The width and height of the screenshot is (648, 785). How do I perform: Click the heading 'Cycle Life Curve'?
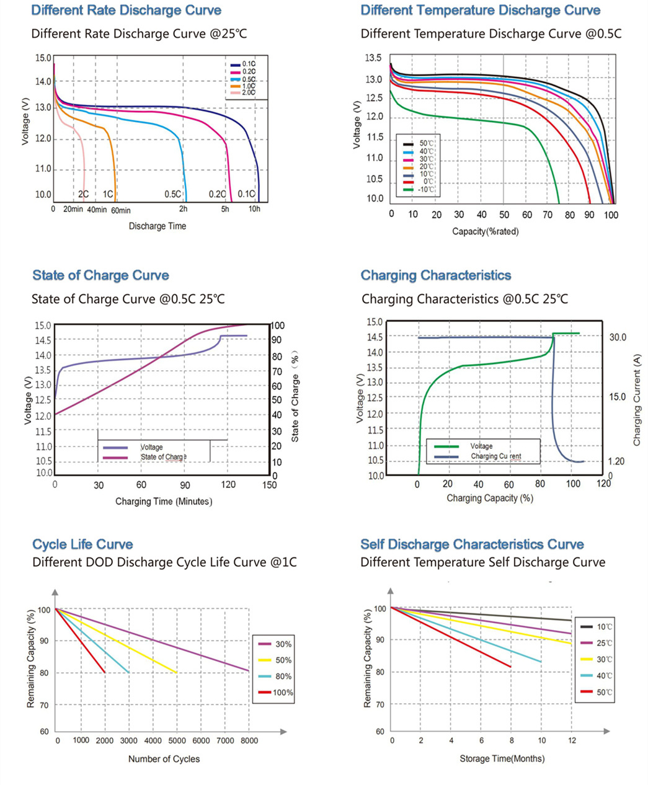pos(82,544)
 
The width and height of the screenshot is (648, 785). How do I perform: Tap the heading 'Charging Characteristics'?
pos(436,275)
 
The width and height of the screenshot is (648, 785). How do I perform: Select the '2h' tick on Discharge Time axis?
pos(184,209)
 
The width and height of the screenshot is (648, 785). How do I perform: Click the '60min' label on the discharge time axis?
pos(121,210)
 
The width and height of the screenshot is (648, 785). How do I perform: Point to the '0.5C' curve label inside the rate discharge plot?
pos(172,194)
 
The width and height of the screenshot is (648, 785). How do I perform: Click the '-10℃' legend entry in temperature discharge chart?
pos(427,189)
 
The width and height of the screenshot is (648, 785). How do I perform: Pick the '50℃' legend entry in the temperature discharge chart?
pos(427,143)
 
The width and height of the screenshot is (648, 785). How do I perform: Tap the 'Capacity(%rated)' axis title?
pos(485,231)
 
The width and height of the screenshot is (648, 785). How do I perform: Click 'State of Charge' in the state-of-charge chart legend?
pos(163,457)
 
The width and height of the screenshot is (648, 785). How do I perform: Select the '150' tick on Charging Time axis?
pos(269,485)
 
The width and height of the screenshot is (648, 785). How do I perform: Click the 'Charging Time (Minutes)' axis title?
pos(164,501)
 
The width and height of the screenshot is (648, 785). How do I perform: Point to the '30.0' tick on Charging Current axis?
pos(618,337)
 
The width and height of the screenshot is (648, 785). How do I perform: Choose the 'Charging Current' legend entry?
pos(495,456)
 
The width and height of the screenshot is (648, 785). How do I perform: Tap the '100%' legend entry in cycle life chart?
pos(283,693)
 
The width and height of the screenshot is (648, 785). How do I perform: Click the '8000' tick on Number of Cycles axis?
pos(249,740)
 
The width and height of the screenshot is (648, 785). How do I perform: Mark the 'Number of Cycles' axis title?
pos(164,759)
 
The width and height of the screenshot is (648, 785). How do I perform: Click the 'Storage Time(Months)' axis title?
pos(502,758)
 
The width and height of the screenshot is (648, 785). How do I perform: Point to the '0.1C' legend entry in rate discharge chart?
pos(249,64)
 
